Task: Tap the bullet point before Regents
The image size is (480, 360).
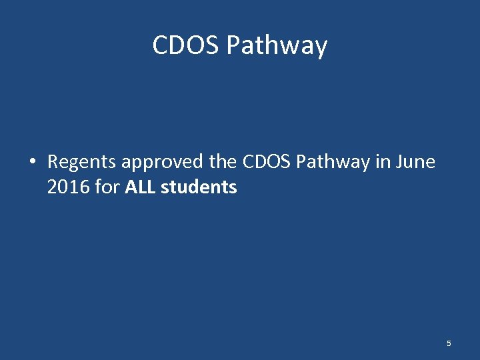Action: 31,162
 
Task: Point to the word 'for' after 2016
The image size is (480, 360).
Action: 107,187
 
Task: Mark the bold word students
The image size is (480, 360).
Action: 199,187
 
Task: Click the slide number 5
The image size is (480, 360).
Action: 449,343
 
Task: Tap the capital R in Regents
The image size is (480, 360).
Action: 53,162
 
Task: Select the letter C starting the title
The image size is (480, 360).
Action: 160,45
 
